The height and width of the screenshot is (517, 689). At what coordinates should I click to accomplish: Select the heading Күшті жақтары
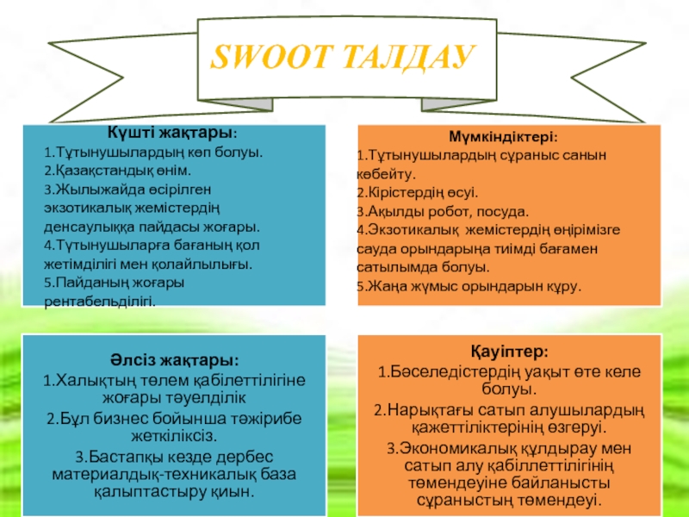173,134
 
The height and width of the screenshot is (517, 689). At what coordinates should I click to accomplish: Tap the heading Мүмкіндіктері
503,137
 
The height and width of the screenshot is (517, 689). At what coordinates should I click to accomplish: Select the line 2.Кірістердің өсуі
417,192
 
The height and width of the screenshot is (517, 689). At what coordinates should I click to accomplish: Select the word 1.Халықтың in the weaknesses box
84,380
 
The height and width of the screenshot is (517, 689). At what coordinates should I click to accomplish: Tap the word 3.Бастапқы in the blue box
112,456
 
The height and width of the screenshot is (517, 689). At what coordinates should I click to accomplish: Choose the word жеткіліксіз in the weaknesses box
177,435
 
